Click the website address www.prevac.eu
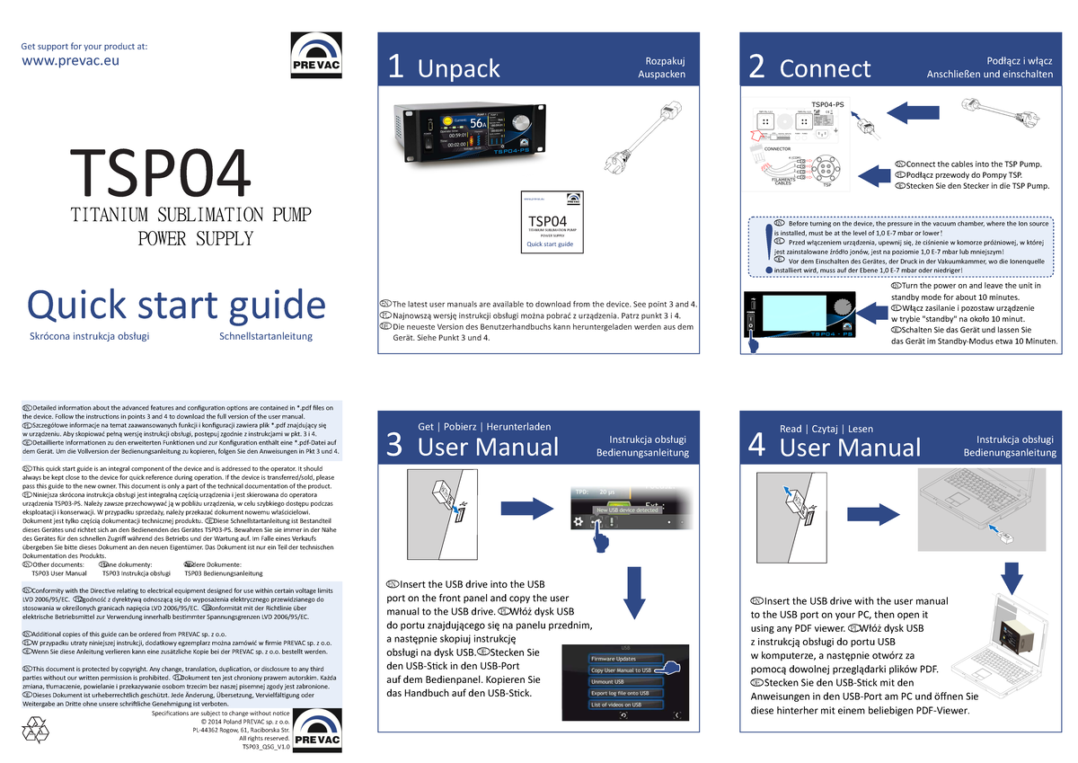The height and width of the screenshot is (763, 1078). [x=69, y=61]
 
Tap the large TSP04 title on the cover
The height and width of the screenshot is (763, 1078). [x=161, y=175]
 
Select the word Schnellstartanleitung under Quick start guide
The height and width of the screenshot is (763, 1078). [x=265, y=337]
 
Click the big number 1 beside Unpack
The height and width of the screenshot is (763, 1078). [x=395, y=68]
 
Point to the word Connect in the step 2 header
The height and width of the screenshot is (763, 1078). [x=825, y=68]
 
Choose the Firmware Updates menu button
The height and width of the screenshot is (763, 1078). [x=614, y=659]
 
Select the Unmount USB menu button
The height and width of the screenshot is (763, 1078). [x=608, y=681]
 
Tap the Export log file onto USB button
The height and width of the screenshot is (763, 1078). [x=620, y=693]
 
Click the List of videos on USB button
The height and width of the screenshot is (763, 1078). [x=616, y=705]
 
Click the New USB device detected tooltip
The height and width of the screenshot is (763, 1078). [x=628, y=510]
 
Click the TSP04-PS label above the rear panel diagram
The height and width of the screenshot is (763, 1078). [x=826, y=105]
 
